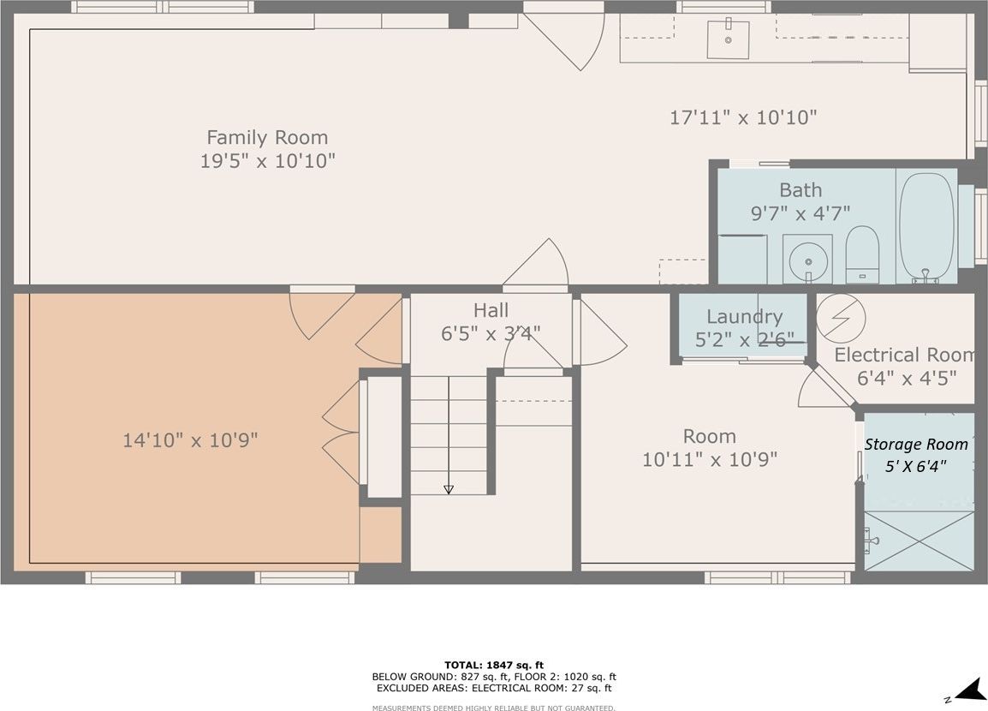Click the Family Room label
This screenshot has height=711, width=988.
click(x=267, y=137)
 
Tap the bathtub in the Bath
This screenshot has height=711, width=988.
click(x=926, y=228)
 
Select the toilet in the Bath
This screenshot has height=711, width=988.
click(x=862, y=254)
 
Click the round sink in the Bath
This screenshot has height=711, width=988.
click(x=808, y=259)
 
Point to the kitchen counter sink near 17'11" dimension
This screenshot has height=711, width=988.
click(x=728, y=39)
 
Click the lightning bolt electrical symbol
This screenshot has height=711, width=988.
click(x=841, y=319)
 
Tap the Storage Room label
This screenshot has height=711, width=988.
click(x=915, y=445)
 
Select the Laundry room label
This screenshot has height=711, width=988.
click(x=744, y=316)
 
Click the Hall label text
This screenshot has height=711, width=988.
click(x=491, y=310)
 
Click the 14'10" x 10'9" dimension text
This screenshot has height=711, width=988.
click(x=190, y=440)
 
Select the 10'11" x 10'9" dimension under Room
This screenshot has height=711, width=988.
click(x=710, y=459)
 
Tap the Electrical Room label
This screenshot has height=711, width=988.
click(x=904, y=355)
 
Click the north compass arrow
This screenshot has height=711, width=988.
click(x=969, y=690)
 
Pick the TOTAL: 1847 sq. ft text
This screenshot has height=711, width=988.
click(x=494, y=665)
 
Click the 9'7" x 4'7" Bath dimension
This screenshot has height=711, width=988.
click(x=801, y=213)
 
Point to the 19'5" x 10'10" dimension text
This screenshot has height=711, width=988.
click(x=267, y=161)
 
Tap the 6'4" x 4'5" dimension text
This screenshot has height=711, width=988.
click(x=907, y=378)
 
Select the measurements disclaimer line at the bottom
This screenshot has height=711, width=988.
click(x=494, y=708)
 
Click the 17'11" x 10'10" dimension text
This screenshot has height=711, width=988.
click(x=743, y=117)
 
